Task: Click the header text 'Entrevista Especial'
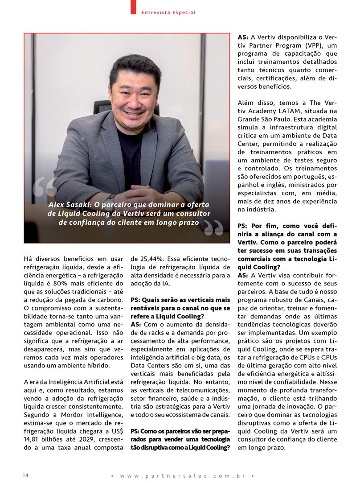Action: [168, 12]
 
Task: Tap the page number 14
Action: [26, 475]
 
